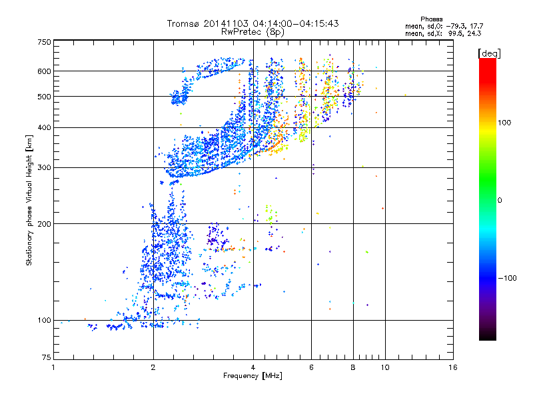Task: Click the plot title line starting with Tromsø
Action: [253, 23]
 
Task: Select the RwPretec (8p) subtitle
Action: [253, 31]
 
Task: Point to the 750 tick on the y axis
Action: [44, 41]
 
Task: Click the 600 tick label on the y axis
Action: [44, 71]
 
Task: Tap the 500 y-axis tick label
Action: [44, 96]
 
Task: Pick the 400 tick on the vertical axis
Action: [44, 127]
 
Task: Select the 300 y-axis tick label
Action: [44, 167]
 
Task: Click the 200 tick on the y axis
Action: [44, 223]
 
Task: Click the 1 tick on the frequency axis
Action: [53, 367]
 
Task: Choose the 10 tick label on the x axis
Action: [384, 367]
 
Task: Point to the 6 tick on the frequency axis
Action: [312, 367]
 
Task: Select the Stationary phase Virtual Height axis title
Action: [29, 200]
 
